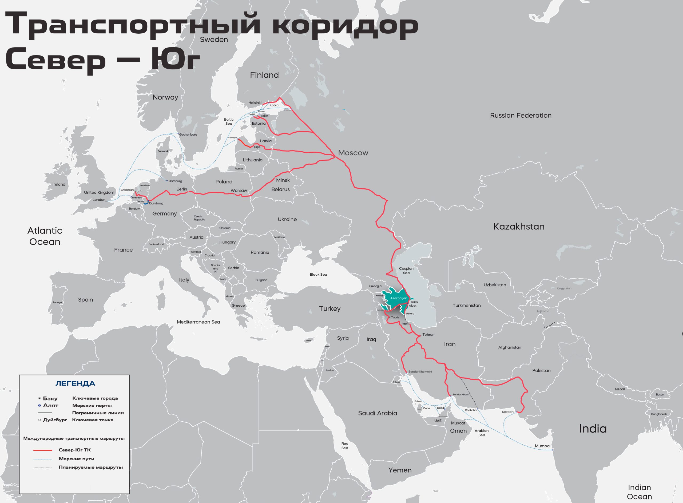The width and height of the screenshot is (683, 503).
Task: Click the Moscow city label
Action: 353,153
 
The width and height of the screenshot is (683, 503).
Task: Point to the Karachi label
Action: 508,412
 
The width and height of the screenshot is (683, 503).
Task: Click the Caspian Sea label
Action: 406,270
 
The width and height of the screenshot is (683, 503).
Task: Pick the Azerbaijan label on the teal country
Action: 398,298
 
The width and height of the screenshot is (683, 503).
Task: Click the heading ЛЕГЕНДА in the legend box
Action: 75,383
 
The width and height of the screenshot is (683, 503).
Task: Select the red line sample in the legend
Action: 43,450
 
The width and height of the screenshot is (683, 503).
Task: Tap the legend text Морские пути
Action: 76,458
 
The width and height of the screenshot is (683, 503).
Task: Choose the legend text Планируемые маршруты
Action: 91,467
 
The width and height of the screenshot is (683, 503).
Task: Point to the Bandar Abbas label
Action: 460,394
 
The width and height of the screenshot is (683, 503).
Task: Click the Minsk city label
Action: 283,180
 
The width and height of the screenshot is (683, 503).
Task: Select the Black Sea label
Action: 318,274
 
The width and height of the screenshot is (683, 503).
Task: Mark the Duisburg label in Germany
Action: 156,203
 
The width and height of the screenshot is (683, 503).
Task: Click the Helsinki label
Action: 255,103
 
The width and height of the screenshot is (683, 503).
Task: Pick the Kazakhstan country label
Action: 519,227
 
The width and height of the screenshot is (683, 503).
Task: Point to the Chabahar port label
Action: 471,410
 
